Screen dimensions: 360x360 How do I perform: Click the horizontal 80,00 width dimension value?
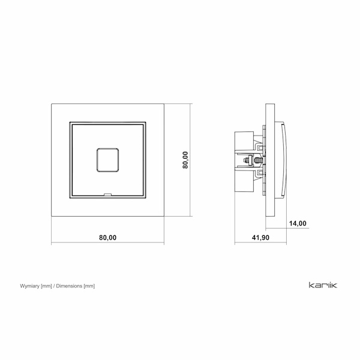[x=107, y=238]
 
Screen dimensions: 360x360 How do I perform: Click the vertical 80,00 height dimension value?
[x=185, y=160]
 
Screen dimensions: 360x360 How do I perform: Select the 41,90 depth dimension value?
[x=260, y=238]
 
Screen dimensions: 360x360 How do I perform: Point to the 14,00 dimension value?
[x=298, y=223]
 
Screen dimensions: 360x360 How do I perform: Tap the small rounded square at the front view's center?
[x=107, y=160]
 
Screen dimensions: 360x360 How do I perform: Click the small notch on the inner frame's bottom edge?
[x=107, y=194]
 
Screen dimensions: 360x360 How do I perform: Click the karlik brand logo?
[x=323, y=285]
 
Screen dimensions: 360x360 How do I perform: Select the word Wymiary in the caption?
[x=29, y=286]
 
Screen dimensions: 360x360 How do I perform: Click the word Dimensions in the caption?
[x=69, y=286]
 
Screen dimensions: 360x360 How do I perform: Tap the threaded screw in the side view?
[x=257, y=160]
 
